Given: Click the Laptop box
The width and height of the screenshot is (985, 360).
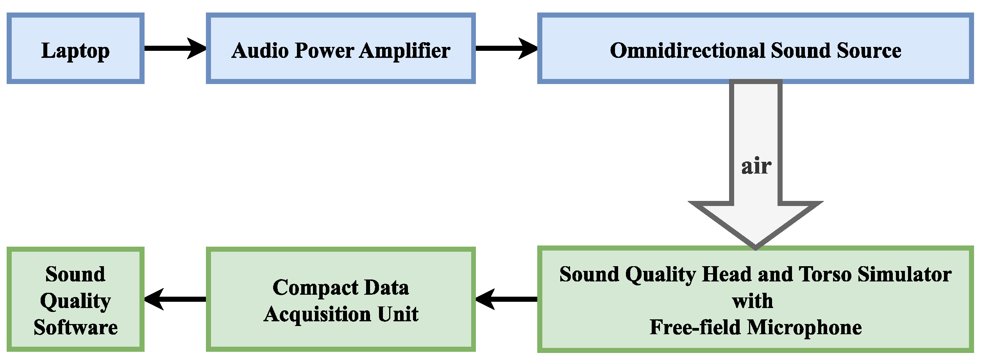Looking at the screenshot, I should pos(75,48).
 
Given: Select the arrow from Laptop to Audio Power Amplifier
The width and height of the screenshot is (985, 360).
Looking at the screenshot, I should pos(174,48).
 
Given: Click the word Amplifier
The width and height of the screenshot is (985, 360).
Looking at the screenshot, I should pos(404,50).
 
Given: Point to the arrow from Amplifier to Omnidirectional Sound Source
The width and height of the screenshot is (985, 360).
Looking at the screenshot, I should pos(506,48).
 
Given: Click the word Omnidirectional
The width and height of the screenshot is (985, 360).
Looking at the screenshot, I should pos(688,50).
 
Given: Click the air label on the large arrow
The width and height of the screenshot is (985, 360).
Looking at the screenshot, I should pos(756,166).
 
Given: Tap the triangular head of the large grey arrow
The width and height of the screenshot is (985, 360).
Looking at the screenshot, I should pos(755,223).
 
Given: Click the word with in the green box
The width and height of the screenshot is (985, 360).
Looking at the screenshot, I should pos(752,301).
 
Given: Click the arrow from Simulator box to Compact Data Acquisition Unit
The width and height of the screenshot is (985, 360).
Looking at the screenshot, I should pos(506,299).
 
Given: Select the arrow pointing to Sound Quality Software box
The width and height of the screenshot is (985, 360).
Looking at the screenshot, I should pos(174,299).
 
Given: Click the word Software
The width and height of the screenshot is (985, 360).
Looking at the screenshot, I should pos(75,327).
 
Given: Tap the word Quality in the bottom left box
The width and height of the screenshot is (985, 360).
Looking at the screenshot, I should pos(75,301).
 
